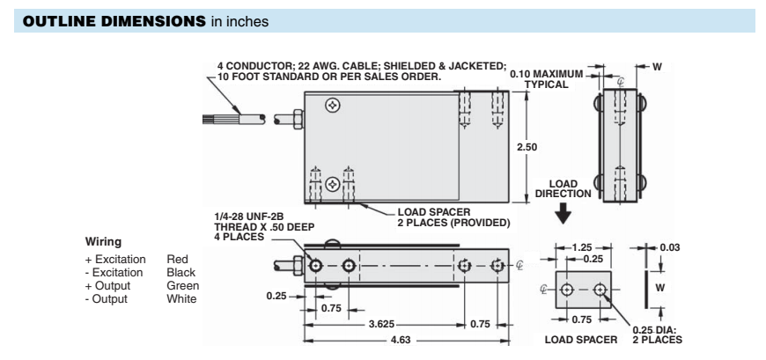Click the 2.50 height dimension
526,147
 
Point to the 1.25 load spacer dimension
583,247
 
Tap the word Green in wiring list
183,286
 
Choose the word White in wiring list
181,298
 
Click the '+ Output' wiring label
107,286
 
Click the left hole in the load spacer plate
567,290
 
